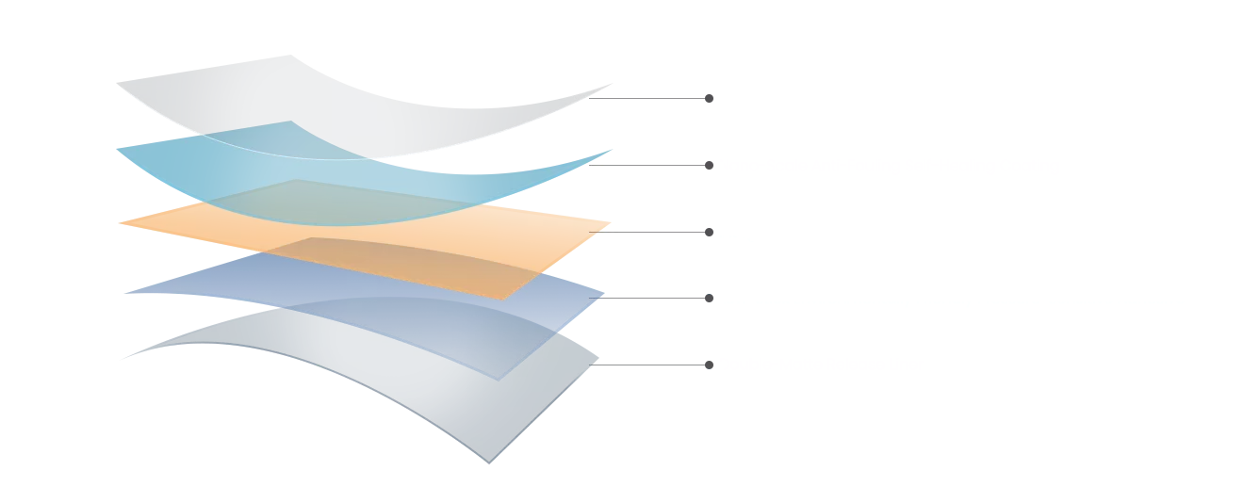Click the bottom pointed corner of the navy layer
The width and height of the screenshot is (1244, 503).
click(x=489, y=461)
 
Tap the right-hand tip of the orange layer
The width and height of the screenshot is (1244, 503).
click(x=614, y=225)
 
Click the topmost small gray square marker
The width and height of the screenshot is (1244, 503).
click(x=709, y=97)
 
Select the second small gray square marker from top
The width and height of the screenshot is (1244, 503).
click(x=709, y=166)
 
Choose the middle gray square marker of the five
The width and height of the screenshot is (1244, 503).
click(x=709, y=233)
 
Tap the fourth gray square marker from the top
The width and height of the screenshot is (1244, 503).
click(x=709, y=300)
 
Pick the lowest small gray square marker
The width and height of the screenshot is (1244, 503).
click(x=709, y=362)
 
